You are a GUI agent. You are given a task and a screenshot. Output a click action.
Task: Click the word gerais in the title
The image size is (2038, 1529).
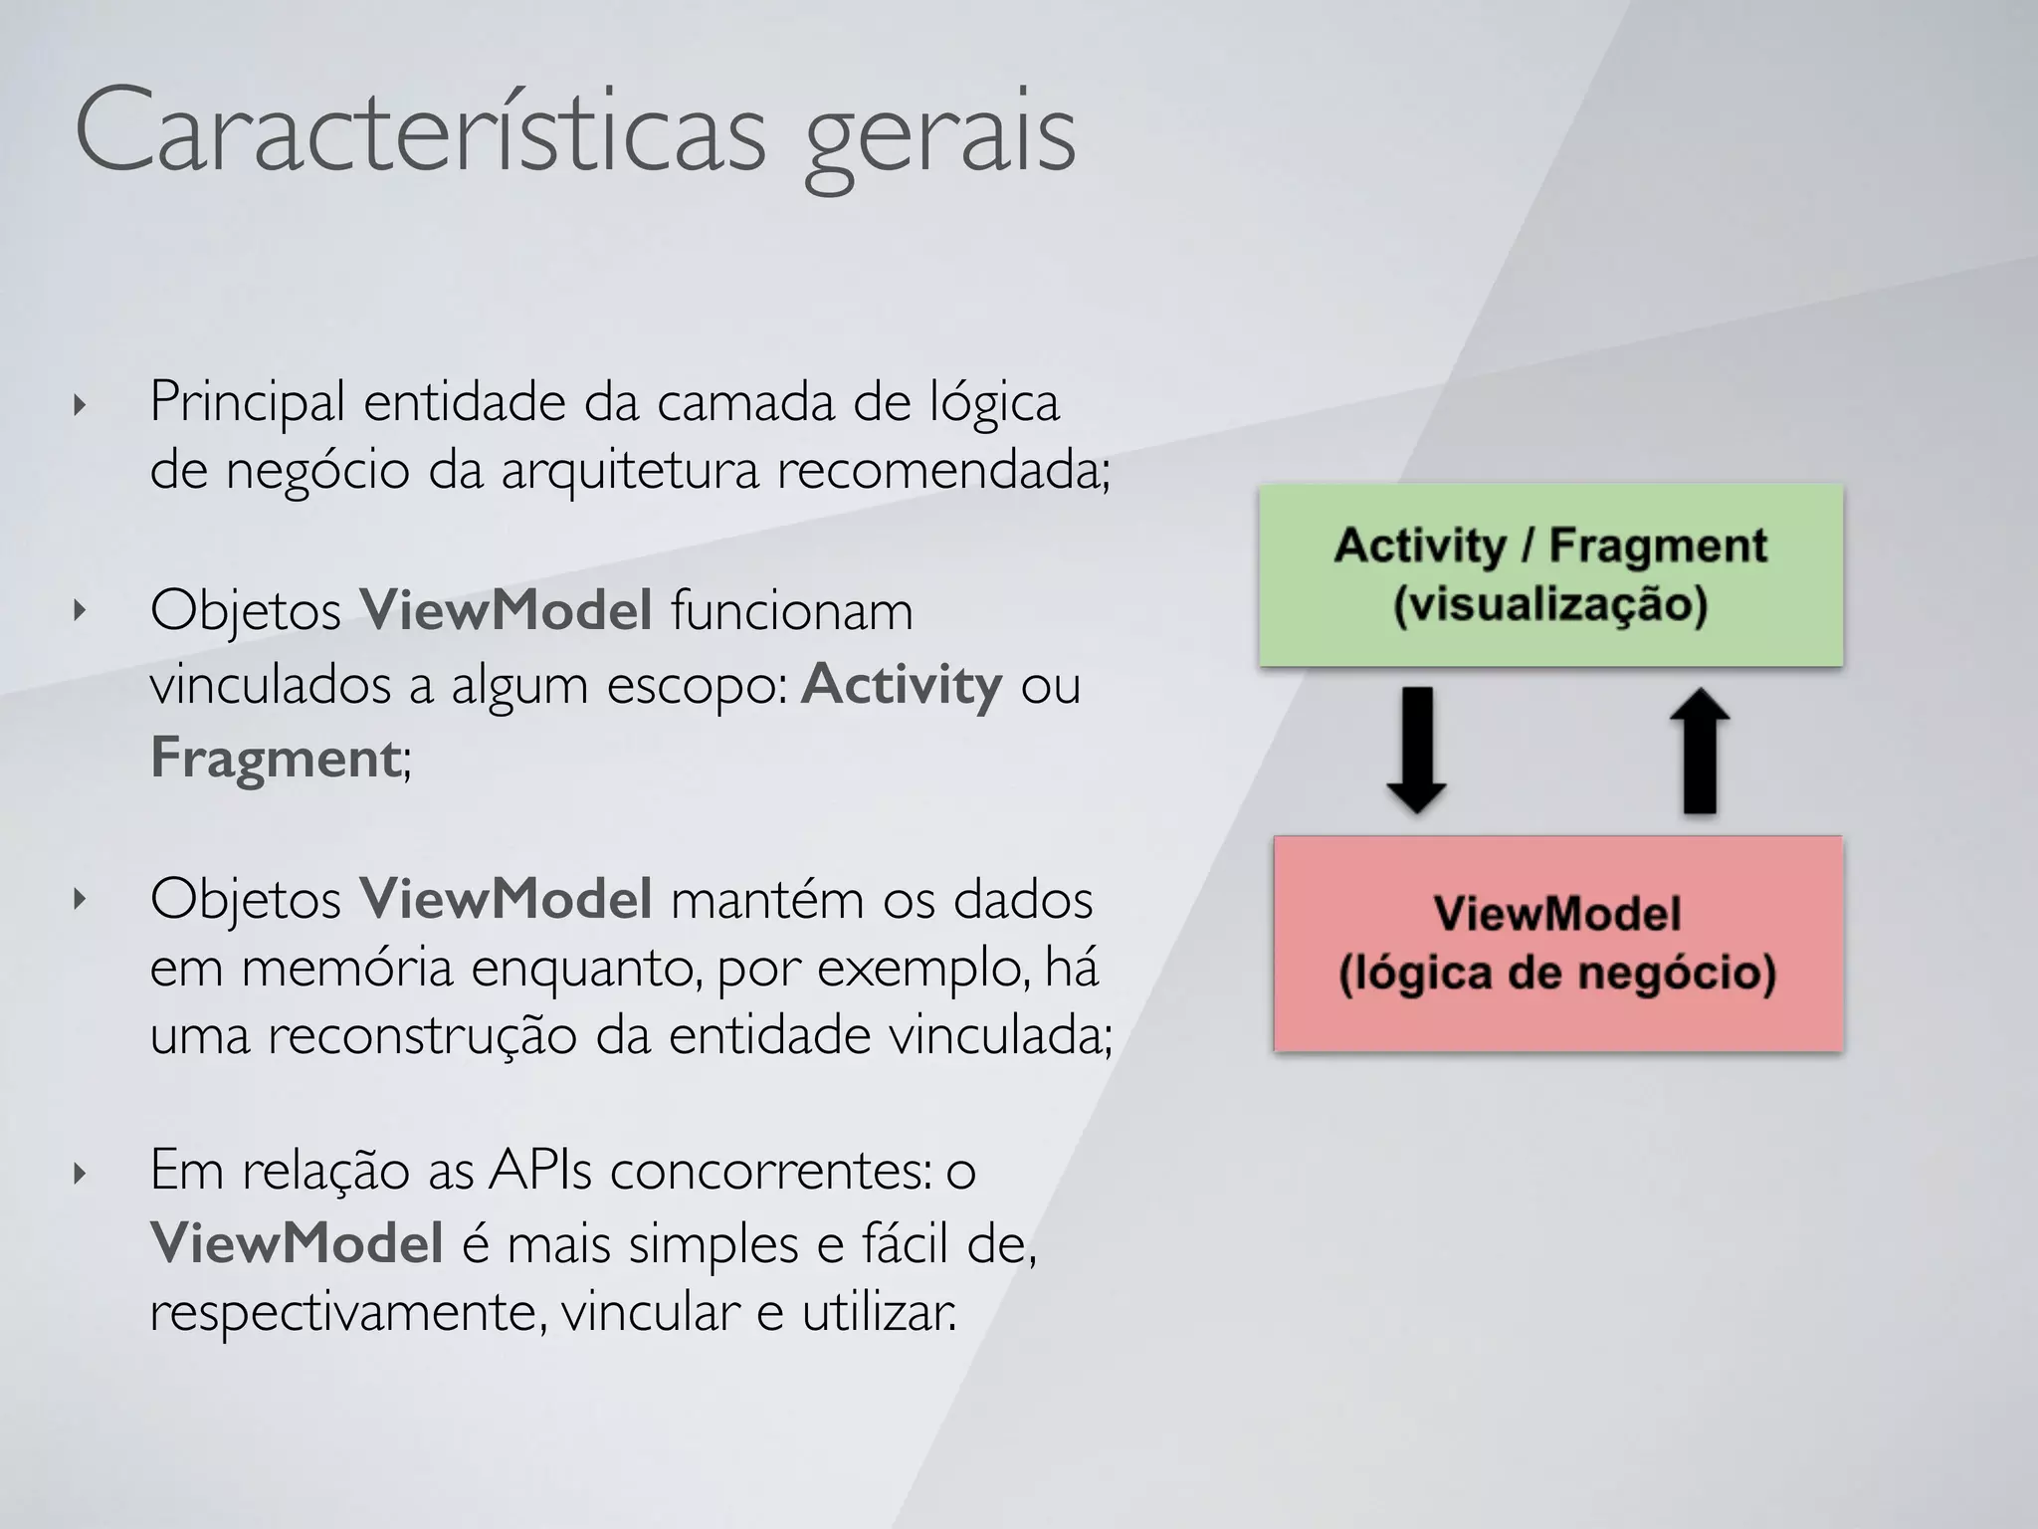pyautogui.click(x=939, y=139)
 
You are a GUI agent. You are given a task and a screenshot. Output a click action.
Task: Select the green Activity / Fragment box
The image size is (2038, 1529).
pyautogui.click(x=1550, y=575)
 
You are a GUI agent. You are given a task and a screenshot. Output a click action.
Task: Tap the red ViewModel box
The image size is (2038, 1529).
pyautogui.click(x=1557, y=943)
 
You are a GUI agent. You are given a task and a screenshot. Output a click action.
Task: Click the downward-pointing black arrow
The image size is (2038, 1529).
pyautogui.click(x=1416, y=749)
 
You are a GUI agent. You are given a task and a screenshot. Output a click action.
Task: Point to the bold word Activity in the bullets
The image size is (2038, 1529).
pyautogui.click(x=901, y=684)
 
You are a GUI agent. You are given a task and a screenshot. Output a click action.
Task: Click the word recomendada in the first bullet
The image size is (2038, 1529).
pyautogui.click(x=939, y=470)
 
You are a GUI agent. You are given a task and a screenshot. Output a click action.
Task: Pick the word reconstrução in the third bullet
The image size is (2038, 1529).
pyautogui.click(x=423, y=1035)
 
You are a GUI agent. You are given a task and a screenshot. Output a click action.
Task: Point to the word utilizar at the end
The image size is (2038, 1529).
pyautogui.click(x=878, y=1312)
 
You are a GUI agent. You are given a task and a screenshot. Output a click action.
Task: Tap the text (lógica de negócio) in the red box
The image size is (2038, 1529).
pyautogui.click(x=1557, y=974)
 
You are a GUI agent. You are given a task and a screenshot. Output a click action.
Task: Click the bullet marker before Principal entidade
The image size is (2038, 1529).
pyautogui.click(x=81, y=405)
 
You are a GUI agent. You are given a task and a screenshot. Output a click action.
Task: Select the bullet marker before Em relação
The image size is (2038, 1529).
pyautogui.click(x=81, y=1174)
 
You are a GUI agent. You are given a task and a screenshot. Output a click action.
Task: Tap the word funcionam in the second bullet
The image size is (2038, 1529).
pyautogui.click(x=791, y=611)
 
